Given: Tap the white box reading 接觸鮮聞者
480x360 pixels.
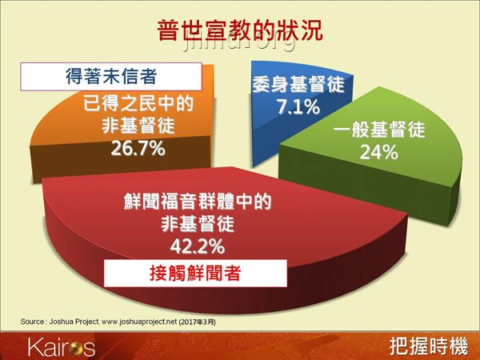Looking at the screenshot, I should pos(196,272).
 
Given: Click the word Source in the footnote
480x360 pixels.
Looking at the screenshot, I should pos(32,322).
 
